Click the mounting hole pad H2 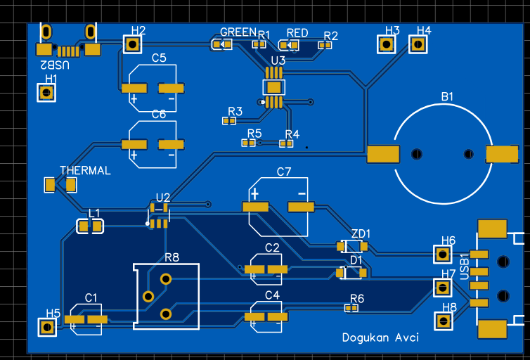(132, 44)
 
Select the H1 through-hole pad (48, 93)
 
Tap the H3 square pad (386, 44)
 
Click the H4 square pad (418, 44)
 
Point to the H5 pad (48, 327)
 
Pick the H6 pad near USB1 (442, 254)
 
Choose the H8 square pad (443, 321)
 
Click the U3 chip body (273, 87)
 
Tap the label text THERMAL (85, 170)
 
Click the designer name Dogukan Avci (380, 337)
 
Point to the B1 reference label (448, 96)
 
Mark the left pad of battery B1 (383, 154)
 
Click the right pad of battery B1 (502, 154)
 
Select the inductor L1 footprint (89, 226)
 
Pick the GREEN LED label (238, 32)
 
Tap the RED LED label (297, 32)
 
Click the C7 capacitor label (284, 172)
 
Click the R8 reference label (172, 257)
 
